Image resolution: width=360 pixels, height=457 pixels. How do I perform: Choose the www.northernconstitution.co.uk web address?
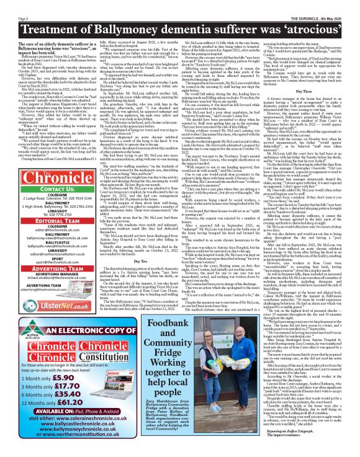click(x=84, y=450)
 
